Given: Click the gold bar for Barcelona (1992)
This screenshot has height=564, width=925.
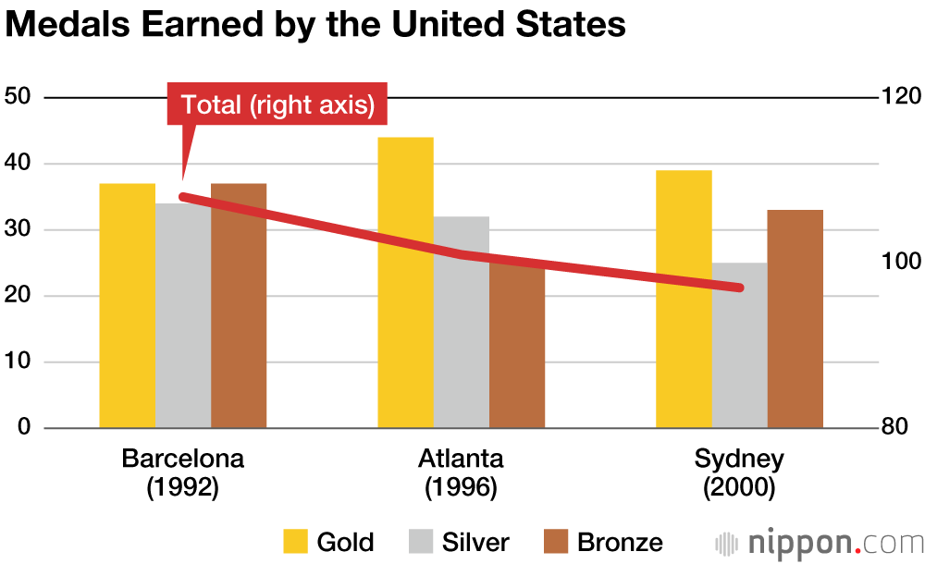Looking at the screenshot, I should tap(128, 305).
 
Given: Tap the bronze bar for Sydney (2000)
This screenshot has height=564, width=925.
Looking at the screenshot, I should tap(795, 319).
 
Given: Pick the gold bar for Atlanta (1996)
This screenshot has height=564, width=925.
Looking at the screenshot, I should tap(405, 282).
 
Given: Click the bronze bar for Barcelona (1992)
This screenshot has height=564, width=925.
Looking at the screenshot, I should tap(239, 305).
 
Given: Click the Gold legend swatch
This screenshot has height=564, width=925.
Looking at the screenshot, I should tap(296, 541).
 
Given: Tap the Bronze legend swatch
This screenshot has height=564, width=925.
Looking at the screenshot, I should tap(556, 541).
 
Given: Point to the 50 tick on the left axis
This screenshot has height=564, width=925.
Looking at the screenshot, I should tap(19, 97).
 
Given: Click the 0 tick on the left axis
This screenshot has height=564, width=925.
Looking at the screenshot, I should tap(25, 428).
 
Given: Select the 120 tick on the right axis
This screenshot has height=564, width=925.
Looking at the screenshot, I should tap(899, 97).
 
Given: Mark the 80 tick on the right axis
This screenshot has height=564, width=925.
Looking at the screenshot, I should tap(899, 428).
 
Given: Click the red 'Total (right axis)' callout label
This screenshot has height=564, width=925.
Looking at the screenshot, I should tap(277, 104).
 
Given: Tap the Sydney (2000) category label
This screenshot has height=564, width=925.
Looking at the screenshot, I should tap(739, 472).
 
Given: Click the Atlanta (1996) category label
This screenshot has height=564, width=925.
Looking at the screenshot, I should tap(461, 472).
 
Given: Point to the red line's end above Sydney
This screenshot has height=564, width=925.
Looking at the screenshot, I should tap(739, 288).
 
